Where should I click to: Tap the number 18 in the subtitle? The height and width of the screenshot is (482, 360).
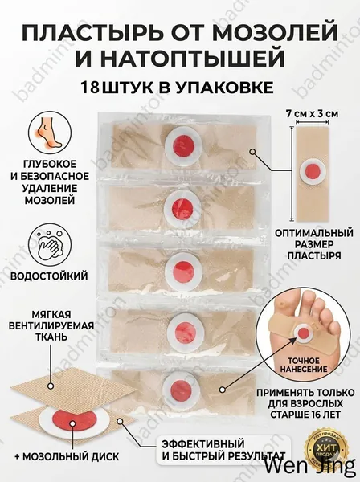(90, 88)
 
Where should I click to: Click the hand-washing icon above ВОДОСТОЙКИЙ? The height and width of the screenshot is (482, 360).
(50, 247)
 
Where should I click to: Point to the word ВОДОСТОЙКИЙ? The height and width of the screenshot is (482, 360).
(49, 276)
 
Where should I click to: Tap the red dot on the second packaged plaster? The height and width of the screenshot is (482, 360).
(182, 206)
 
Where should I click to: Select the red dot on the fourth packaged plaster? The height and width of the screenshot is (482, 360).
(183, 331)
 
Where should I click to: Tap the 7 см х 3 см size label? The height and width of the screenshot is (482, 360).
(312, 114)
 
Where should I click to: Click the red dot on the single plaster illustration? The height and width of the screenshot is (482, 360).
(313, 170)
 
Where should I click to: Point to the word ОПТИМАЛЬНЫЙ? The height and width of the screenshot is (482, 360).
(314, 233)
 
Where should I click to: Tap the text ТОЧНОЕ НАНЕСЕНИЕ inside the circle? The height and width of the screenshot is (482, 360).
(304, 365)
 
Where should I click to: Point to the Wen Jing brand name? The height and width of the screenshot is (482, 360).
(310, 468)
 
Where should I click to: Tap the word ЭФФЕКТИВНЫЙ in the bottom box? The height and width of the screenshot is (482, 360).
(203, 444)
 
